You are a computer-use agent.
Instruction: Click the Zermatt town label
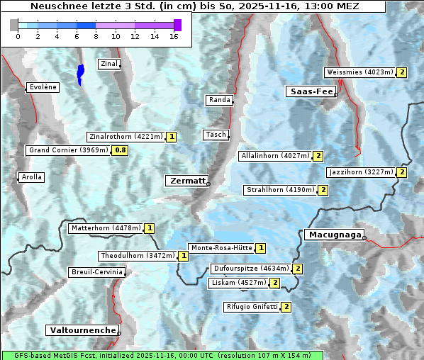pyautogui.click(x=187, y=181)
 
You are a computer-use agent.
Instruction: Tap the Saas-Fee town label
pyautogui.click(x=311, y=91)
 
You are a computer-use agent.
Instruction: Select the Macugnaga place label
pyautogui.click(x=333, y=235)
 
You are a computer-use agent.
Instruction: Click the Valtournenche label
pyautogui.click(x=82, y=330)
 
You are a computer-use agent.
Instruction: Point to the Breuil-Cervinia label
pyautogui.click(x=97, y=272)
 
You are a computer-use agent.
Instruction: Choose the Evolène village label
pyautogui.click(x=42, y=87)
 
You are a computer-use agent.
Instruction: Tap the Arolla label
pyautogui.click(x=31, y=177)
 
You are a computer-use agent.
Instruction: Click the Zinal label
pyautogui.click(x=109, y=64)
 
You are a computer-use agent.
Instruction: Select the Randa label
pyautogui.click(x=219, y=100)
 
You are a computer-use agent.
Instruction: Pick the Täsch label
pyautogui.click(x=216, y=135)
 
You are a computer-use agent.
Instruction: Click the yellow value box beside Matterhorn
pyautogui.click(x=149, y=228)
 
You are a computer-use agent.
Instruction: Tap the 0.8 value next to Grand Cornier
pyautogui.click(x=121, y=150)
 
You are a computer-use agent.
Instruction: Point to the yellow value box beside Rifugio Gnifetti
pyautogui.click(x=286, y=307)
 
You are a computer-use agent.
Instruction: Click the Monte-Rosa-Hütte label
pyautogui.click(x=221, y=248)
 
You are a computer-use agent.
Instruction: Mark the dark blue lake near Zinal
pyautogui.click(x=80, y=74)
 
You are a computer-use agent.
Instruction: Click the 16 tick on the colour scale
pyautogui.click(x=174, y=36)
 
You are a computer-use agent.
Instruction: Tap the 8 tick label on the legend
pyautogui.click(x=96, y=36)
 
